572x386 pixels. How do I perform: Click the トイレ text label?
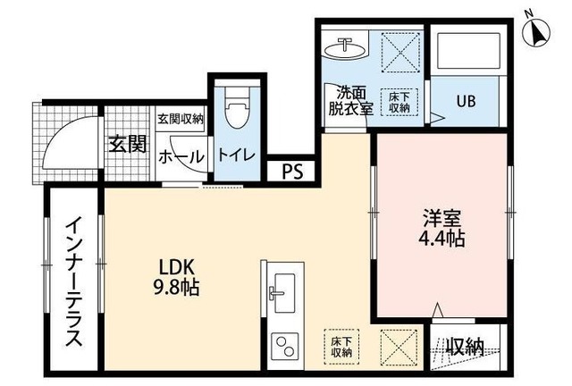coord(236,155)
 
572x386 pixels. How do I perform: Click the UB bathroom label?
coord(466,101)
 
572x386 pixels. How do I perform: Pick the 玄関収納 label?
coord(181,118)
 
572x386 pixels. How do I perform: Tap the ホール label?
coord(181,156)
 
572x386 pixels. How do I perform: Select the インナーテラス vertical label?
coord(72,280)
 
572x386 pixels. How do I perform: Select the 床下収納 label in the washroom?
coord(399,101)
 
